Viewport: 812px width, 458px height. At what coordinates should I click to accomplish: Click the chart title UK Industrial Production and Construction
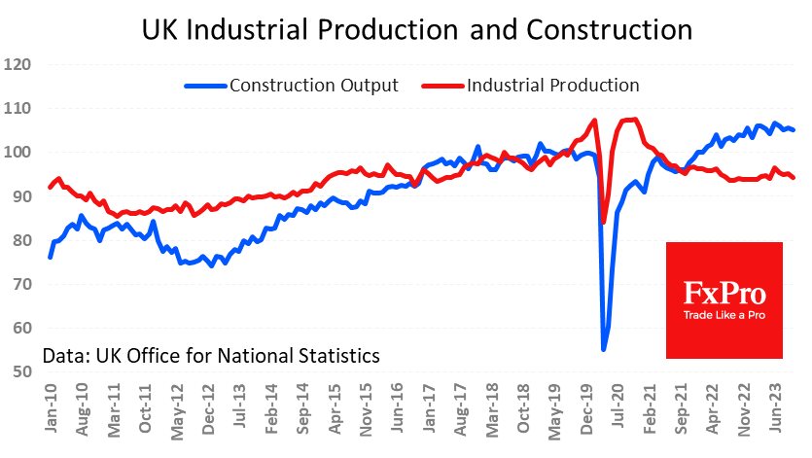[417, 29]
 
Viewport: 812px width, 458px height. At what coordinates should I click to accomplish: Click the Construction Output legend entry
[314, 86]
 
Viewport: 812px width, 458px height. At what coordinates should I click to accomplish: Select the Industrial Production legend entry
[552, 86]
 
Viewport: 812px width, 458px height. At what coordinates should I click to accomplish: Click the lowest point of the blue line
[604, 349]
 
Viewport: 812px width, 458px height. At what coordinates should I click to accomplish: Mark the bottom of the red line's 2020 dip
[603, 223]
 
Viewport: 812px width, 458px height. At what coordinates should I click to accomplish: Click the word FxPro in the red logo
[724, 293]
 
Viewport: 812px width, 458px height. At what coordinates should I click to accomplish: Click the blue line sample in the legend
[204, 86]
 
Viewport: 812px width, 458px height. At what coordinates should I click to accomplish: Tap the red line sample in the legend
[442, 86]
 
